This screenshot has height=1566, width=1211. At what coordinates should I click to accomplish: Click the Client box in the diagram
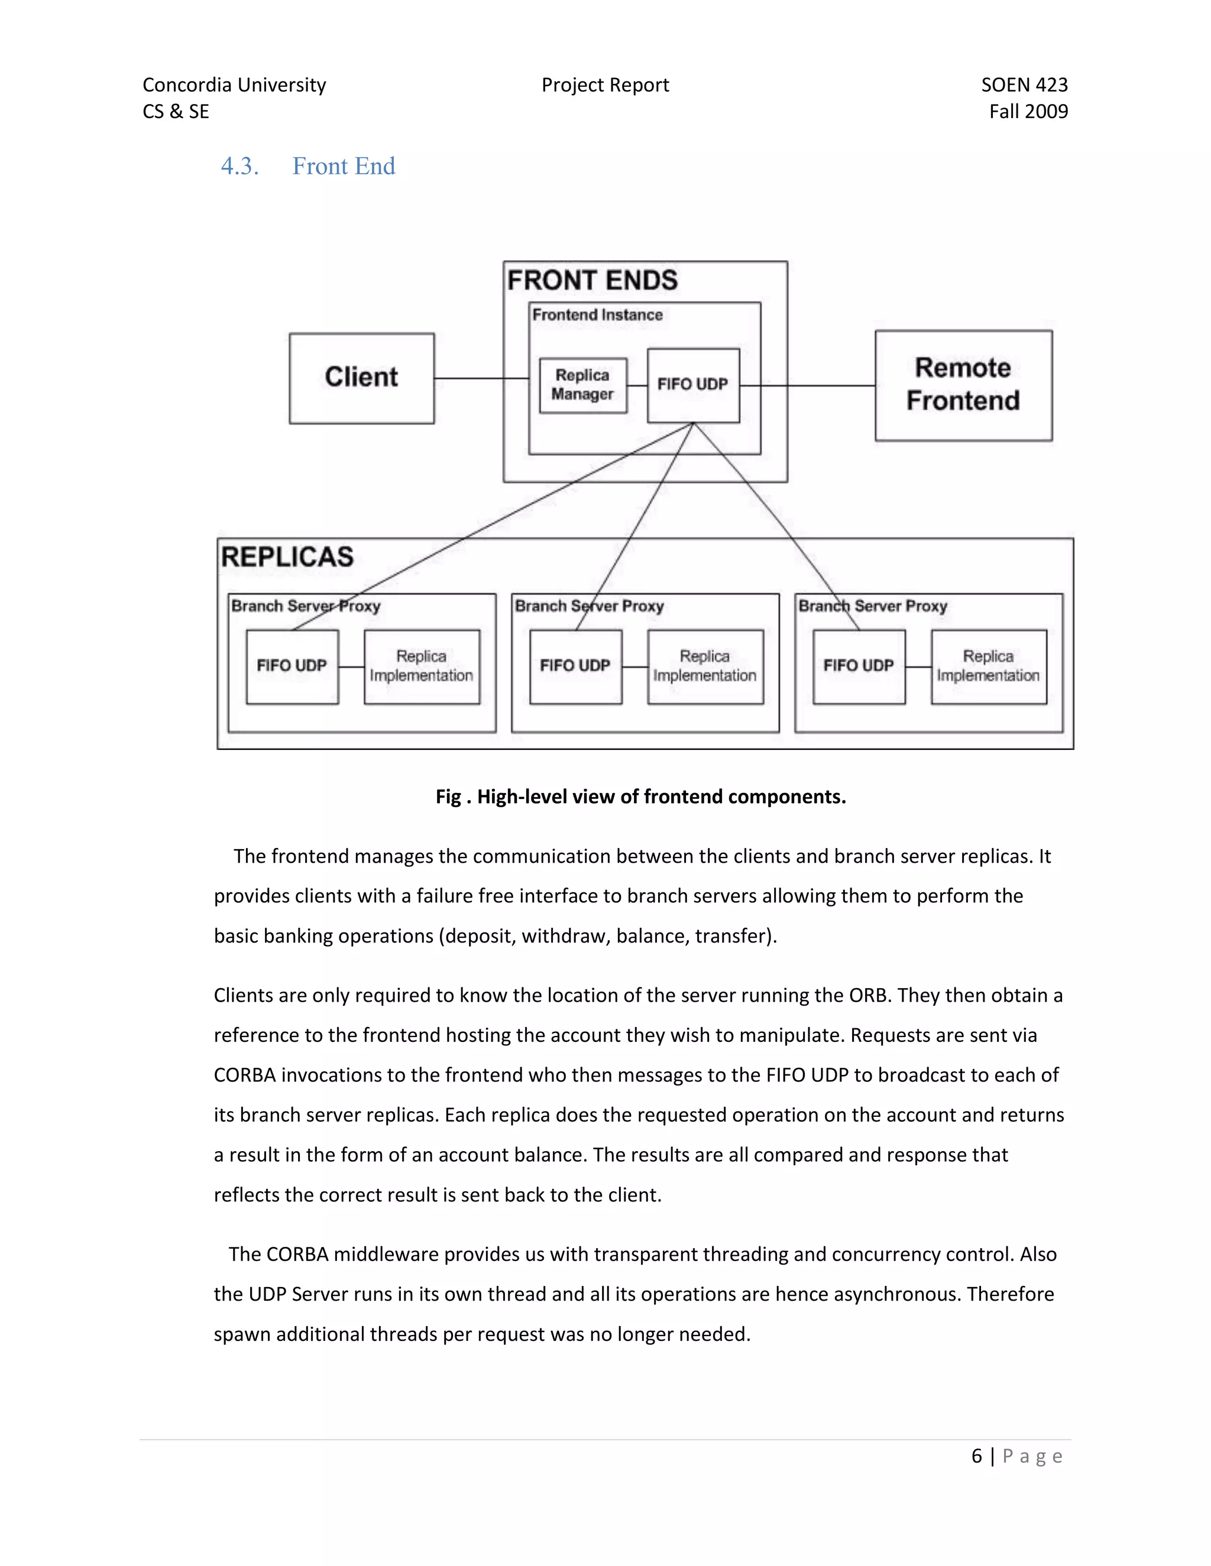point(361,378)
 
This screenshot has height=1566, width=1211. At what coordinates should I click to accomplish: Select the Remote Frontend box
point(963,385)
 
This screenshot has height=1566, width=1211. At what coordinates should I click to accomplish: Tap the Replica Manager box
point(582,385)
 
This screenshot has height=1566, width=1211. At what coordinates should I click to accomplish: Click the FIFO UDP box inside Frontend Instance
point(692,385)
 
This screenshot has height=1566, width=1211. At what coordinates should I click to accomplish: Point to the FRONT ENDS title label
point(592,280)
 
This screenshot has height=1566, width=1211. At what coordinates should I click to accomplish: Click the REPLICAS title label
point(287,557)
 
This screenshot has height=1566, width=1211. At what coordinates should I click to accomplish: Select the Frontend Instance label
point(597,315)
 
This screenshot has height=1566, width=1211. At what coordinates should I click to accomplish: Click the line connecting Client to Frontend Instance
point(481,378)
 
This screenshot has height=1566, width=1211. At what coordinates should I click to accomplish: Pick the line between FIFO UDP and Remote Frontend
point(807,386)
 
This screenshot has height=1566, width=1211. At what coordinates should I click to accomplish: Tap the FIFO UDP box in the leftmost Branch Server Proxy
point(292,666)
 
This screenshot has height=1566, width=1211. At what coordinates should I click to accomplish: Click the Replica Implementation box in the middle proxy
point(704,666)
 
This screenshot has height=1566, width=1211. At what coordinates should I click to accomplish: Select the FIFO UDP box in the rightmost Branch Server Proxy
point(858,666)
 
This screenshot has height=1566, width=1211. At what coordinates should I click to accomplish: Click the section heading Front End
point(343,167)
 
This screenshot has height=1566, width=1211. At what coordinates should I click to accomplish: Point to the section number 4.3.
point(239,167)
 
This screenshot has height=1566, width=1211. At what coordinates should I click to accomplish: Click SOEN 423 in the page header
point(1024,85)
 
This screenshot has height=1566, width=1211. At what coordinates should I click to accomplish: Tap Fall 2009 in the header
point(1028,111)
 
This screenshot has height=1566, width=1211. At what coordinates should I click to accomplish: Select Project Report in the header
point(605,85)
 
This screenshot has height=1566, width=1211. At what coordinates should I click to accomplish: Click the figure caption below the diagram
point(640,797)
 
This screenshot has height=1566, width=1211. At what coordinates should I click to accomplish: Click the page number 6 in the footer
point(976,1456)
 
